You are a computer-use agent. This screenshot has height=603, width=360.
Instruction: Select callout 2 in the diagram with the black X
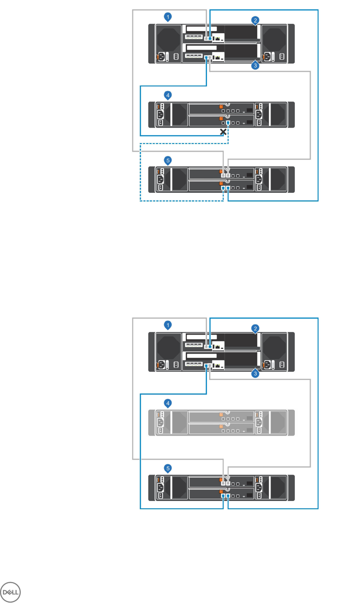tap(256, 20)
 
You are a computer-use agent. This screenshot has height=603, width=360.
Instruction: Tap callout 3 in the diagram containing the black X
tap(256, 66)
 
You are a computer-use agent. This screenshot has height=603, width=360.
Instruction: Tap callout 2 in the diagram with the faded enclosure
tap(256, 329)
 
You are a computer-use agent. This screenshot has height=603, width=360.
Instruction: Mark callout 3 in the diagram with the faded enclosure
tap(256, 374)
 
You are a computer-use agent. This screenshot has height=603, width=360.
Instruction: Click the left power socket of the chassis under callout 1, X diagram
tap(159, 57)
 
